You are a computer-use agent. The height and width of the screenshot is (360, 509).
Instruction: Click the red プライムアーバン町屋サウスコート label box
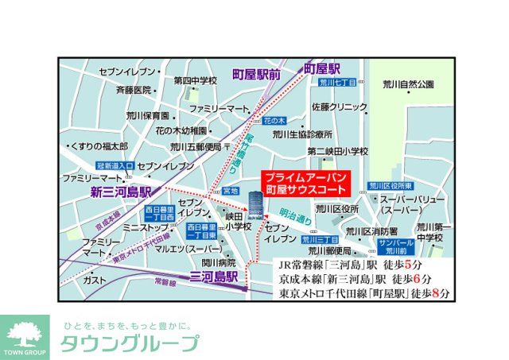(306, 184)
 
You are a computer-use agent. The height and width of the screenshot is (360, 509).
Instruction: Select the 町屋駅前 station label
(257, 74)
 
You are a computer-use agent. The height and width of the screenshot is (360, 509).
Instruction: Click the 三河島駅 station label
(215, 277)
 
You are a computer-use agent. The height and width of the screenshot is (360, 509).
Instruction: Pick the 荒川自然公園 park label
(407, 84)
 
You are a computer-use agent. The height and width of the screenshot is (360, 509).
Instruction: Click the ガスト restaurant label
(95, 280)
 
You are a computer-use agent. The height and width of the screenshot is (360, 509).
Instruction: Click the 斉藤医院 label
(134, 90)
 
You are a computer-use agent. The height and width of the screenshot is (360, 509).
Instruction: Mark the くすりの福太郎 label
(99, 146)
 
